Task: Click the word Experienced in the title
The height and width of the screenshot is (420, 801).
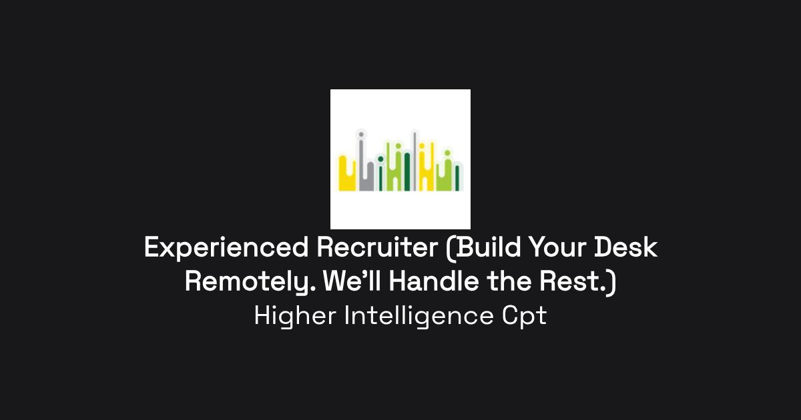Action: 226,248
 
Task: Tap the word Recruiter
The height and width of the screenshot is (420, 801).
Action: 377,247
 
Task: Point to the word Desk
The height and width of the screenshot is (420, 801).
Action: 626,247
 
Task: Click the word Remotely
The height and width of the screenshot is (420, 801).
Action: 250,283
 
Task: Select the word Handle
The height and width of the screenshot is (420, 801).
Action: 434,281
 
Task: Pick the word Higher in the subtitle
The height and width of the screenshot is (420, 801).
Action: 295,317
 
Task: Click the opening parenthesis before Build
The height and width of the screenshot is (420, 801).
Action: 451,249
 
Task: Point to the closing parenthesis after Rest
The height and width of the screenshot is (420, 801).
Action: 612,283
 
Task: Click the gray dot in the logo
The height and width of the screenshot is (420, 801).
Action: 361,135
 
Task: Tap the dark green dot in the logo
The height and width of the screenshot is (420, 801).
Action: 380,159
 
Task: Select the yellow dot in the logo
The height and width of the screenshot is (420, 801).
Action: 422,146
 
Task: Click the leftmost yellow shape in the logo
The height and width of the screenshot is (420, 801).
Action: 346,175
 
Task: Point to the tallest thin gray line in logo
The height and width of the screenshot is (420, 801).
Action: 415,161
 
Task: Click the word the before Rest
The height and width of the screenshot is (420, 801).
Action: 509,281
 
